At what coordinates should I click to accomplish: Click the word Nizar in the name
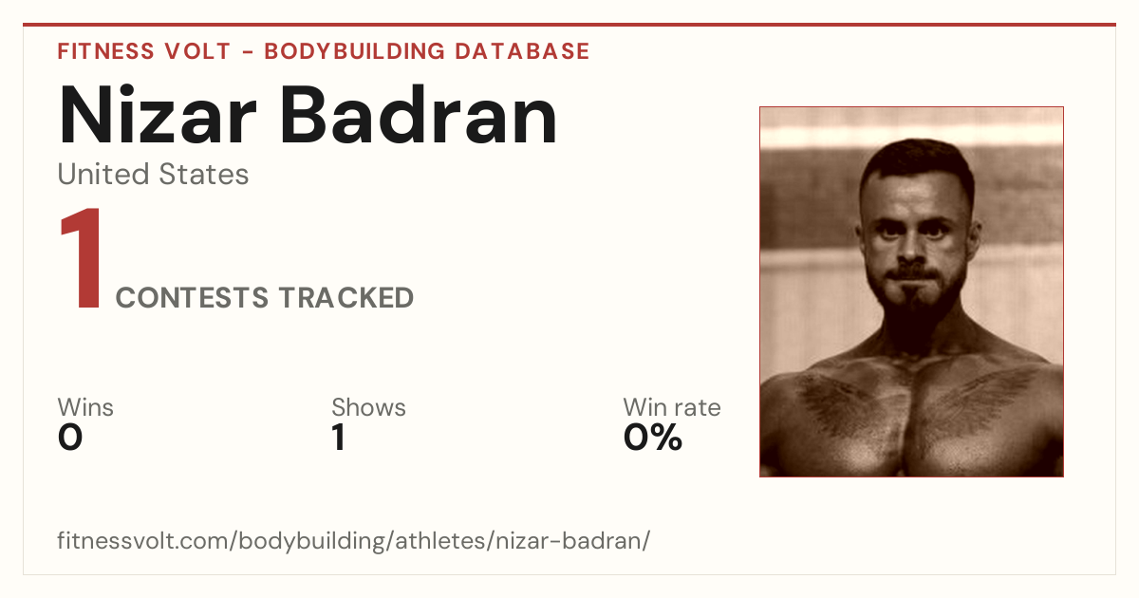pos(158,115)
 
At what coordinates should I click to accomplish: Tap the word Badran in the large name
pos(419,115)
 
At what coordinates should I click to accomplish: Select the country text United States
pos(153,174)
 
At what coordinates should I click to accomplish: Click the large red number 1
pos(81,257)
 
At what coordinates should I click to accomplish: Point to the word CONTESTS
pos(192,298)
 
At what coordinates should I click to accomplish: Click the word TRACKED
pos(346,298)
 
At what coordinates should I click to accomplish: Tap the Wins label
pos(85,407)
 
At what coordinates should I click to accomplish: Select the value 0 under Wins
pos(70,438)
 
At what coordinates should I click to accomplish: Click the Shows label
pos(368,407)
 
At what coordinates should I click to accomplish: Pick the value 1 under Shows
pos(339,438)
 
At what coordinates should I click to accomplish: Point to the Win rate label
pos(672,407)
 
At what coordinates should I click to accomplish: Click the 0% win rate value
pos(653,438)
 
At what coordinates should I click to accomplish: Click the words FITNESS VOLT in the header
pos(144,51)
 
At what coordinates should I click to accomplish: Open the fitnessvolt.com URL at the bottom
pos(354,540)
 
